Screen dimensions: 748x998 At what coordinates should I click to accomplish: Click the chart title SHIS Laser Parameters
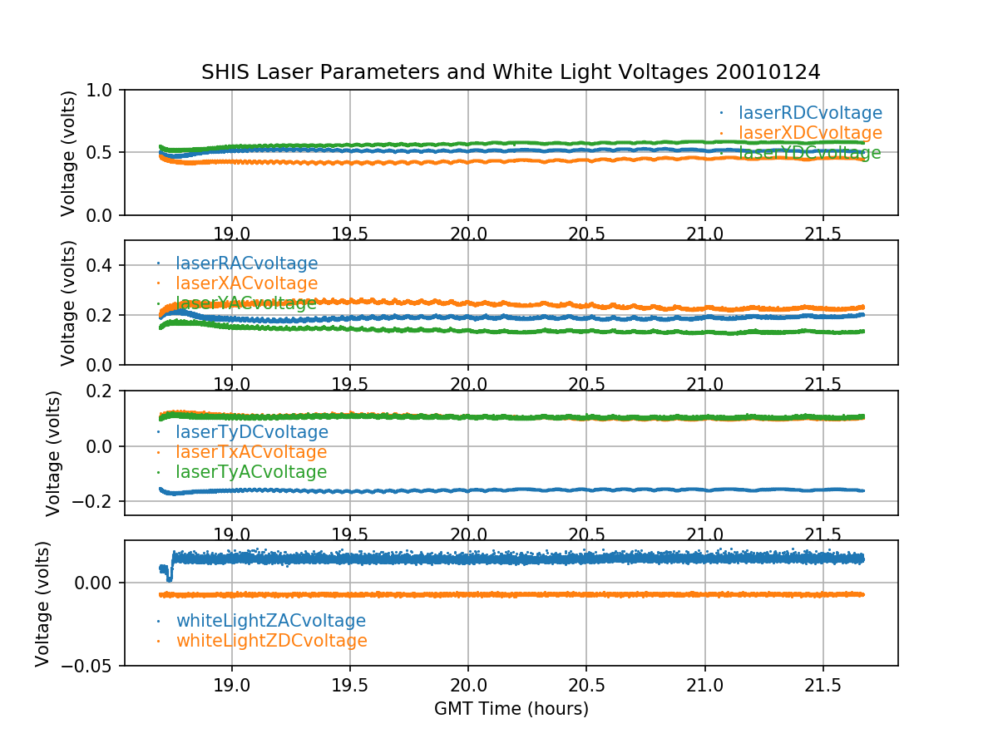click(x=511, y=72)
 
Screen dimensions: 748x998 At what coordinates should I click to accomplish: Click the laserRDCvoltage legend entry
click(x=810, y=113)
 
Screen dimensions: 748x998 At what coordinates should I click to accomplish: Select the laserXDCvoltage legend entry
click(x=810, y=133)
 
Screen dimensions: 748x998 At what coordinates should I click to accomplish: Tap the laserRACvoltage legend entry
click(x=246, y=263)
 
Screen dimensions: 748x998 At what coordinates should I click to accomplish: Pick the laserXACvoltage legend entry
click(x=246, y=283)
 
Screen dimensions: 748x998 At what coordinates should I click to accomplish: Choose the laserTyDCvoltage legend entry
click(x=251, y=432)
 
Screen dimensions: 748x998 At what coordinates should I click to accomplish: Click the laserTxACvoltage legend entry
click(x=250, y=452)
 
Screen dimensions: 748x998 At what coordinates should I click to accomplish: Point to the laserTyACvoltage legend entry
click(x=250, y=472)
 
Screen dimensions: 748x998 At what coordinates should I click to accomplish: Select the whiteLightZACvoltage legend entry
click(x=270, y=621)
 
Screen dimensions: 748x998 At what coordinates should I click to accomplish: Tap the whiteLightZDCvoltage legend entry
click(x=271, y=641)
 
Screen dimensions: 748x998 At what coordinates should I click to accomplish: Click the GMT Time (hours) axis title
click(x=511, y=709)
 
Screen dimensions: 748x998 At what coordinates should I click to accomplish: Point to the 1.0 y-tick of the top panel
click(x=104, y=90)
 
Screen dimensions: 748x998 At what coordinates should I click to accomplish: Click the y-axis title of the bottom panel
click(x=43, y=603)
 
